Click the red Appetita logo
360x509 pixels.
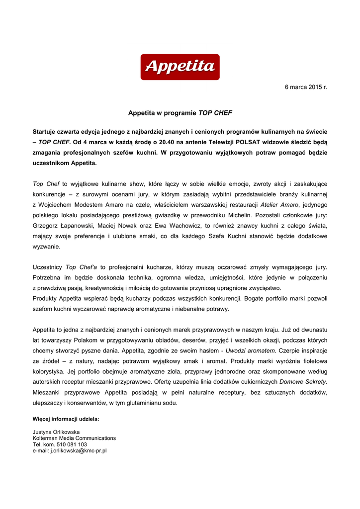[x=180, y=67]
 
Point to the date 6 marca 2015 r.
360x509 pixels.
[x=306, y=87]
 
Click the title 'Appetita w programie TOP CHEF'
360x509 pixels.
[x=180, y=113]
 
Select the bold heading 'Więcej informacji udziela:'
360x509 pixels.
[x=66, y=419]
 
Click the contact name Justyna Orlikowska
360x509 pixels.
[x=56, y=432]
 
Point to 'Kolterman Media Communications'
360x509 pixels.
[x=74, y=438]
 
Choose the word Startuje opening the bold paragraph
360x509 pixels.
[x=46, y=131]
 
